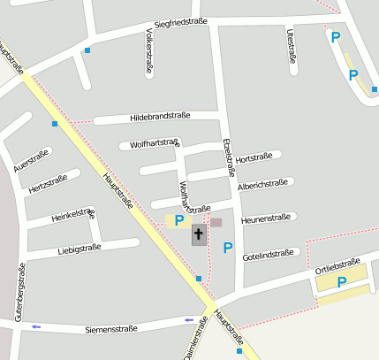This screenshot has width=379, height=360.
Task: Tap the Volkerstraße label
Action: tap(148, 51)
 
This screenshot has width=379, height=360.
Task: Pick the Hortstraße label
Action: tap(254, 157)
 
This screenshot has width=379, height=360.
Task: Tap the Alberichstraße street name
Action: tap(262, 185)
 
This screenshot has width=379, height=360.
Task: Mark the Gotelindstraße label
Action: tap(267, 254)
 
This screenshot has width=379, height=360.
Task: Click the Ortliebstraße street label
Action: tap(337, 265)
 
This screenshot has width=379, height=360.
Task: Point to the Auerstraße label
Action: tap(31, 160)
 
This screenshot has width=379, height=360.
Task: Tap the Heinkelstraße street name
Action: tap(73, 215)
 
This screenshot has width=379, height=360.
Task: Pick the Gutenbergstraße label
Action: tap(19, 293)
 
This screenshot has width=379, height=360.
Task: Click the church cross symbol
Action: tap(199, 235)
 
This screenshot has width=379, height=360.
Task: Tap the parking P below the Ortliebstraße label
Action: tap(340, 283)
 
